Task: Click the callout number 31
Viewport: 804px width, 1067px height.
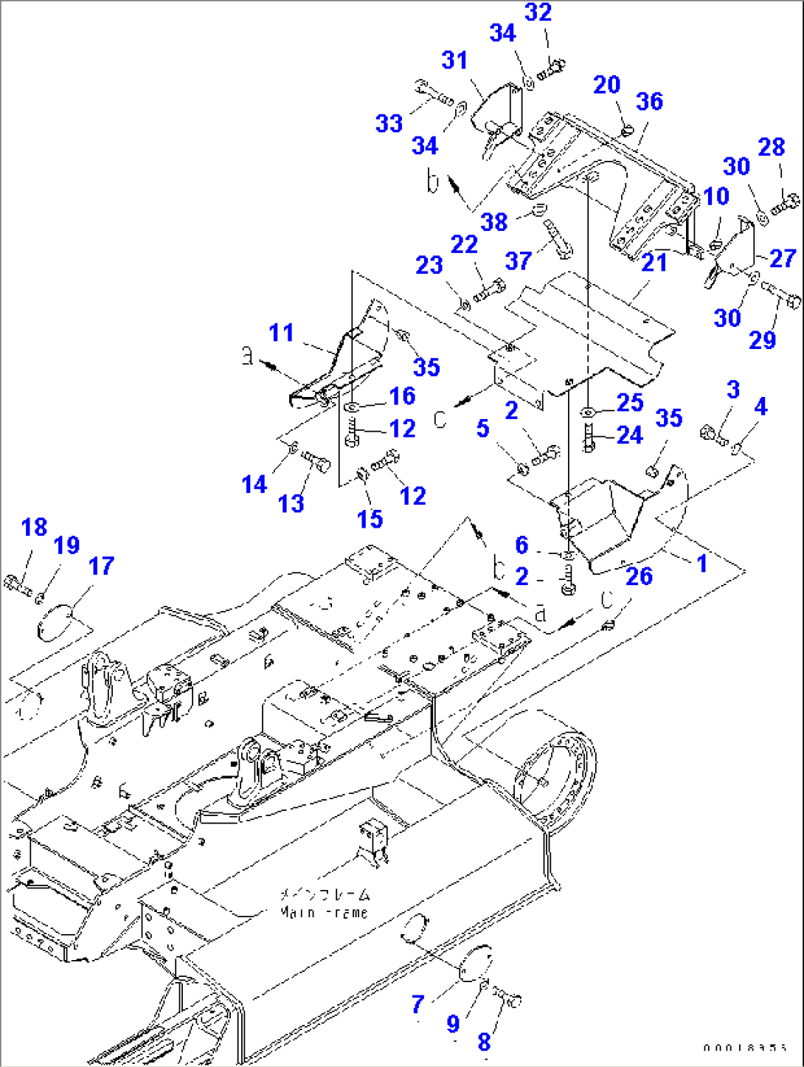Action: [454, 61]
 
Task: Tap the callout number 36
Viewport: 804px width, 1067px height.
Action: [649, 102]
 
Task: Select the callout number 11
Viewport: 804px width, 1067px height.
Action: [281, 333]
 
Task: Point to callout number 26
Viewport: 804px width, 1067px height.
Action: [639, 576]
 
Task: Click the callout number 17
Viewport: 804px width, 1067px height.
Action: [101, 566]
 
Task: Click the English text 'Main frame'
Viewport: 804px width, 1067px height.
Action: [324, 913]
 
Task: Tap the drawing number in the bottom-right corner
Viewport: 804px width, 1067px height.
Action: [745, 1048]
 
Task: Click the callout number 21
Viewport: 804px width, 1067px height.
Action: [654, 262]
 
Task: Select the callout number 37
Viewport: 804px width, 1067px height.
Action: [519, 260]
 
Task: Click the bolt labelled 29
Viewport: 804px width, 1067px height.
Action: [781, 297]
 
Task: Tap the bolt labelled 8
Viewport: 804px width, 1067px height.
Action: [508, 998]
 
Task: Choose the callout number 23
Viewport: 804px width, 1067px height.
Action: [429, 265]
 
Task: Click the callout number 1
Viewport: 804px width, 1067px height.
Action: [701, 564]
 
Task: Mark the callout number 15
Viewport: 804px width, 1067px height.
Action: [370, 519]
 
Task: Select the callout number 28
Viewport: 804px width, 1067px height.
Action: [771, 147]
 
